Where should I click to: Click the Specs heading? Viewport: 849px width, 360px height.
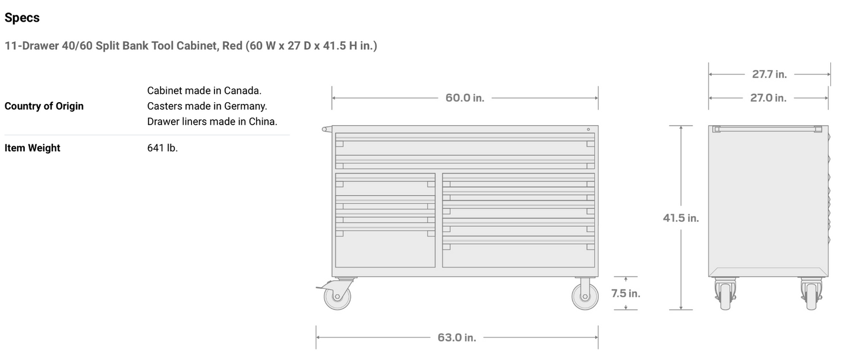22,18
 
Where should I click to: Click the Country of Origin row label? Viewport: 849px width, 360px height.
44,106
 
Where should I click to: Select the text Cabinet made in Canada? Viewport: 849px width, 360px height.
204,90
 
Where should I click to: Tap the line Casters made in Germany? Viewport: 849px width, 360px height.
207,106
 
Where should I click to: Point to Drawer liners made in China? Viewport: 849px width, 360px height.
212,122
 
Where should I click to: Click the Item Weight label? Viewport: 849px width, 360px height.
32,148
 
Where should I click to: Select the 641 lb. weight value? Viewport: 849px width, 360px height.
162,148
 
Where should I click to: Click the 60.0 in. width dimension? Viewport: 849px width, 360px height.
465,98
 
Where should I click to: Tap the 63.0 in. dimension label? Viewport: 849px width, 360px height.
457,338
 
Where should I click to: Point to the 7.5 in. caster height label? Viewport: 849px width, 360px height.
625,293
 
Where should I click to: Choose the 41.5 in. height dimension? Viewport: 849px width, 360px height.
681,218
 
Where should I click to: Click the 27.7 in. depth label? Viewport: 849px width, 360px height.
769,75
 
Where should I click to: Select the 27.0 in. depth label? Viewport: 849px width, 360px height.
768,98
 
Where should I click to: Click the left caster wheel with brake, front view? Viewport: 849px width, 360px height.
337,295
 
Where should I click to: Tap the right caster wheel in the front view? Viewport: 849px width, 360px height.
585,295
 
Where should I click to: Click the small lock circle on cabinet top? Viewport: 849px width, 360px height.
588,129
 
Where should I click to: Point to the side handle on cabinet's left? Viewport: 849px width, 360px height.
327,129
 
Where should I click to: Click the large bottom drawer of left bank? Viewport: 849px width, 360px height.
385,248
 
